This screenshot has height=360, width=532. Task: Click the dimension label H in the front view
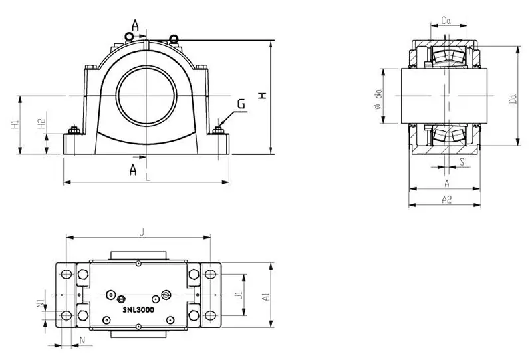[x=263, y=96]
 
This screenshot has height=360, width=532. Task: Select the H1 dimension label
[x=15, y=125]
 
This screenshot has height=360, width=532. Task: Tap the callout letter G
[x=241, y=104]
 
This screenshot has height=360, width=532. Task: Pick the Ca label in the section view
[x=447, y=21]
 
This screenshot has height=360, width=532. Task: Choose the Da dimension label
[x=513, y=100]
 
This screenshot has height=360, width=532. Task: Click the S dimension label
[x=461, y=160]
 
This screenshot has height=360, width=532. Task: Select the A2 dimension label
[x=447, y=200]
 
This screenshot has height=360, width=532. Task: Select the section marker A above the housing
[x=135, y=25]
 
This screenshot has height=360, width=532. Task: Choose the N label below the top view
[x=82, y=341]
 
